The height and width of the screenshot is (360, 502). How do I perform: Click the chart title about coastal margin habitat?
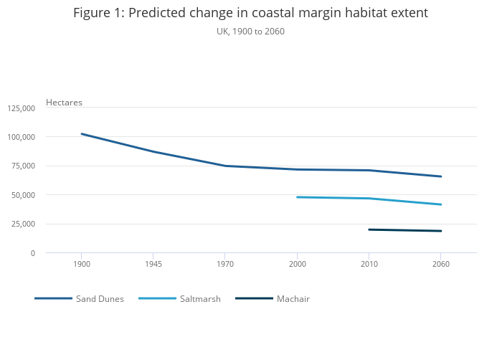[x=250, y=13]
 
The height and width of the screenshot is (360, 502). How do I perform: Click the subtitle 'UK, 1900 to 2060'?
[x=250, y=32]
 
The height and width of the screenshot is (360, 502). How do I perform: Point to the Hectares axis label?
[x=64, y=103]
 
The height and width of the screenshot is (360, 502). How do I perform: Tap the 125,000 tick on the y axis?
[x=21, y=108]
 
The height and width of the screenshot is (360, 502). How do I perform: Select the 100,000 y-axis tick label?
[x=21, y=137]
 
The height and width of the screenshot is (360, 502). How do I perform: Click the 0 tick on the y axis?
[x=32, y=253]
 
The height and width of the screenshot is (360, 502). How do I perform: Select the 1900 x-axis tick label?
[x=81, y=265]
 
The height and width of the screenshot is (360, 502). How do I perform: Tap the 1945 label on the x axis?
[x=153, y=265]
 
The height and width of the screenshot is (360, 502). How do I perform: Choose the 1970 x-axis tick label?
[x=224, y=265]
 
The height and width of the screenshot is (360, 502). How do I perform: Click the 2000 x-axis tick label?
[x=296, y=265]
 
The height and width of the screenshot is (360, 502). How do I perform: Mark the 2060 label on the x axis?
[x=440, y=265]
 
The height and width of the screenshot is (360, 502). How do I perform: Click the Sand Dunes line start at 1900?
[x=82, y=134]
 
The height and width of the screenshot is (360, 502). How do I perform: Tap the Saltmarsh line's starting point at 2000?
[x=297, y=197]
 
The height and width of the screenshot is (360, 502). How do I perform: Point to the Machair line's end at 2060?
[x=440, y=231]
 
